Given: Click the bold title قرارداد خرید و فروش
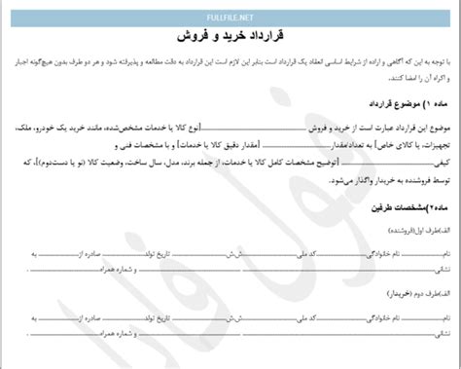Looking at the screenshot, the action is tap(230, 34).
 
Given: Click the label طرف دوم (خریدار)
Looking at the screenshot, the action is tap(415, 314).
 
